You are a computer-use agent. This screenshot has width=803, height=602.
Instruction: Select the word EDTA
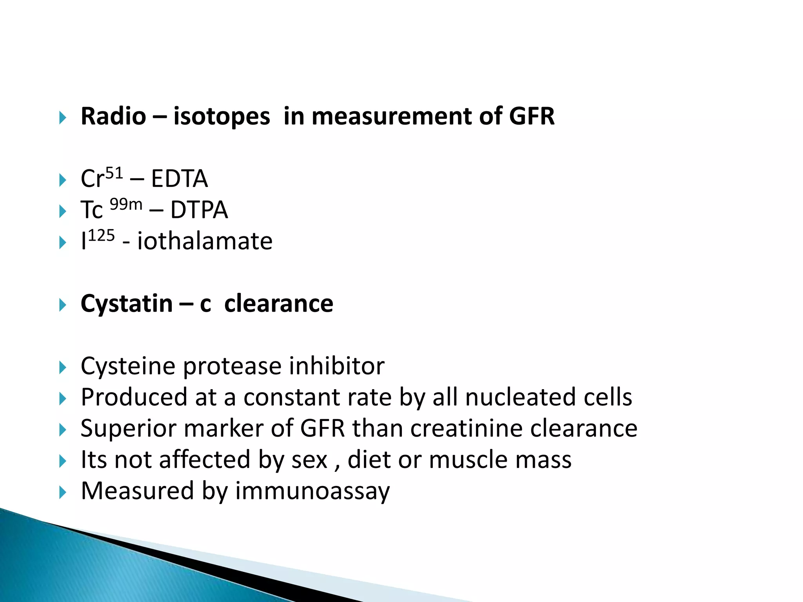[179, 179]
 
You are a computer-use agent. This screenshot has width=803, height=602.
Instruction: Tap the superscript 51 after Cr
[114, 173]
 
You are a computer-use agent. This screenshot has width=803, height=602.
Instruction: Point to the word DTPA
[199, 210]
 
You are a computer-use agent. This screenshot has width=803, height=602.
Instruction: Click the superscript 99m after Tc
[125, 204]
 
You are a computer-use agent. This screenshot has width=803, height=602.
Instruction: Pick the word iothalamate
[205, 241]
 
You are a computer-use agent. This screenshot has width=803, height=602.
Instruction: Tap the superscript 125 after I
[101, 236]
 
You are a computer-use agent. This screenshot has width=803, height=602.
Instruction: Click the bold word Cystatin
[126, 303]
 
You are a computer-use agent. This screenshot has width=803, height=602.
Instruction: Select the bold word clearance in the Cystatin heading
[278, 303]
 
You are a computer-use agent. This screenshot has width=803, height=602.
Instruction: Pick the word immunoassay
[312, 491]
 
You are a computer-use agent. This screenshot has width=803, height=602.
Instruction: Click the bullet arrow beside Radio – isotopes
[63, 117]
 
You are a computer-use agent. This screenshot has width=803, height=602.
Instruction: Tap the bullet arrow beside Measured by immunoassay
[63, 492]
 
